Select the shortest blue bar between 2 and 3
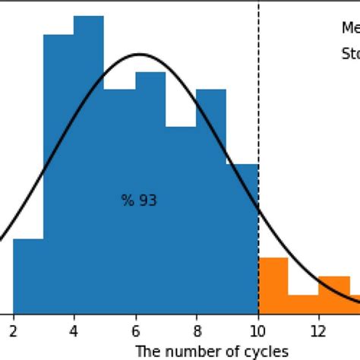[x=28, y=276]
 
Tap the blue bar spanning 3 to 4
[x=58, y=175]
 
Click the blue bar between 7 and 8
[x=181, y=220]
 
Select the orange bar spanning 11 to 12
[x=303, y=304]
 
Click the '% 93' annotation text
[x=139, y=201]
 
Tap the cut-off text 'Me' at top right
[x=349, y=28]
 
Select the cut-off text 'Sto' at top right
[x=349, y=54]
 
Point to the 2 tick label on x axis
[x=14, y=330]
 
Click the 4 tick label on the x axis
[x=74, y=330]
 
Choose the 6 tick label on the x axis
[x=135, y=330]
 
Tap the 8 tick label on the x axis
[x=196, y=330]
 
